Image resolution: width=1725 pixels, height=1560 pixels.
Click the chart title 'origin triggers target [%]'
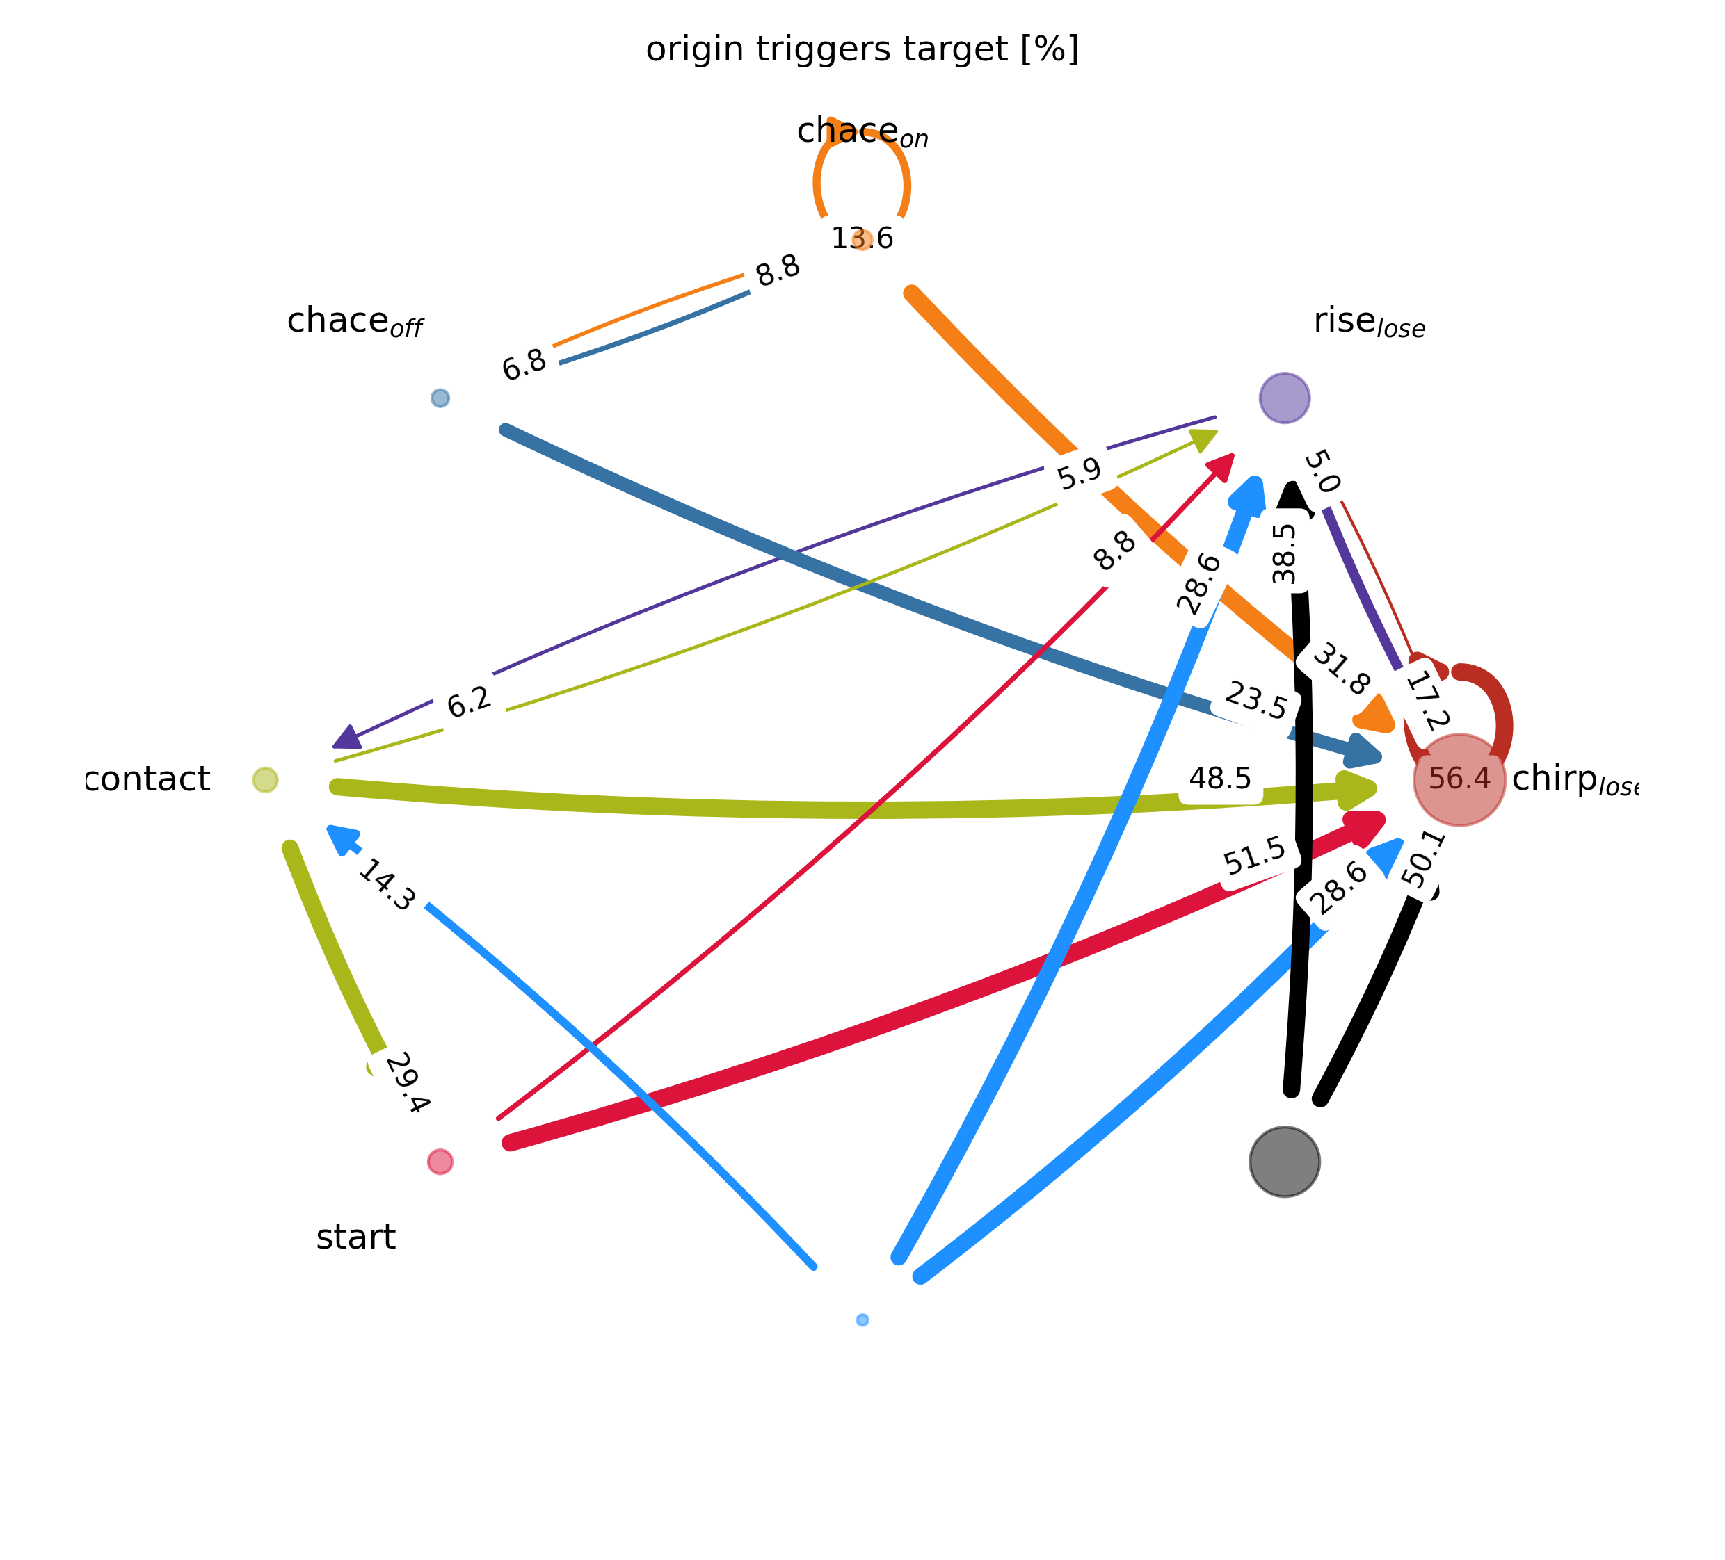click(862, 49)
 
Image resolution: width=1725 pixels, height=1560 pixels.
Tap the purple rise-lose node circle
click(1284, 398)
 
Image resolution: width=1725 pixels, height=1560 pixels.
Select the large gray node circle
click(1284, 1162)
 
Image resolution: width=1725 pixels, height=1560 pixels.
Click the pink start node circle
click(440, 1162)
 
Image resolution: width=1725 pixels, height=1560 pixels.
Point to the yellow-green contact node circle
click(265, 780)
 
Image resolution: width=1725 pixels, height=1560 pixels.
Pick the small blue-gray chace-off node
click(440, 398)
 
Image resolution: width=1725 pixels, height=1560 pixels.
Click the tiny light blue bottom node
click(862, 1319)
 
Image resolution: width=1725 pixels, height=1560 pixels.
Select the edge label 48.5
click(1220, 779)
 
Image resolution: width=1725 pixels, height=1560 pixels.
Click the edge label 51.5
click(1254, 856)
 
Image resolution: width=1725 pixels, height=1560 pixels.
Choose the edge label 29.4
click(406, 1084)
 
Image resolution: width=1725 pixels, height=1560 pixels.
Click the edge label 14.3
click(386, 886)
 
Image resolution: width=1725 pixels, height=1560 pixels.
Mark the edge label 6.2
click(470, 702)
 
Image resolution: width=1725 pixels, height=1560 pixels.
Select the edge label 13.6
click(862, 238)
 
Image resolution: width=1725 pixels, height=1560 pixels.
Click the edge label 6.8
click(524, 365)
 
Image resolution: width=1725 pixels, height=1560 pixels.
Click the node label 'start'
click(356, 1237)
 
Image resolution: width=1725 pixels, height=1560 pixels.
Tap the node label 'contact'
click(148, 779)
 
